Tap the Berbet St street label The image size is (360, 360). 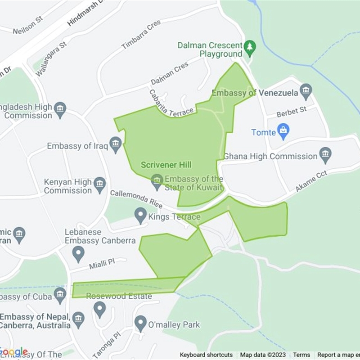[292, 112]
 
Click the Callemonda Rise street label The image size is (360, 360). [136, 199]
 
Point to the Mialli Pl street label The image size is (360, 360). [99, 263]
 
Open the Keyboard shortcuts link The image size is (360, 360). [206, 355]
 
